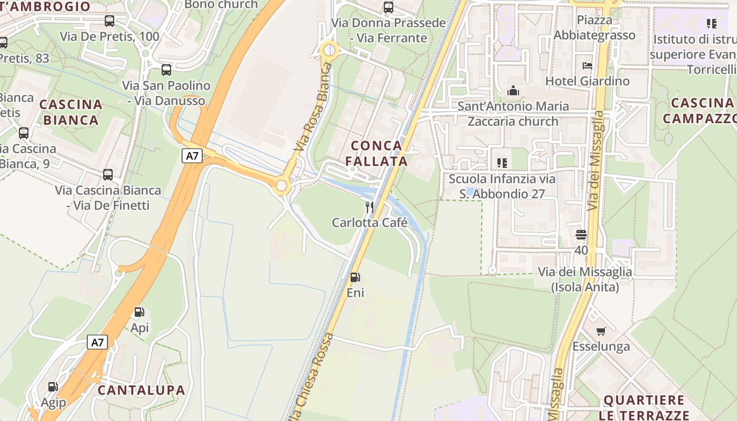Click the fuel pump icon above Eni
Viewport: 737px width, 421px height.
[x=355, y=277]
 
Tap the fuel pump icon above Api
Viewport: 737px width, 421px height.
[x=140, y=312]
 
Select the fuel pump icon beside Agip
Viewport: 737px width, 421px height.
[x=53, y=387]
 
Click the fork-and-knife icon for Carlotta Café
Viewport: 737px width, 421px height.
[x=370, y=207]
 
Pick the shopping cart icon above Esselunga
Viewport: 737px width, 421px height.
[x=601, y=331]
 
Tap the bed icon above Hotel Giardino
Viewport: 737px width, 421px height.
[x=587, y=66]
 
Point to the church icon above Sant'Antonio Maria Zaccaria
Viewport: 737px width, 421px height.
[x=513, y=91]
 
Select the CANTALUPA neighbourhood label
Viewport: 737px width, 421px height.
[x=141, y=390]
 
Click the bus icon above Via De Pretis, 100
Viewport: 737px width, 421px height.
[x=109, y=21]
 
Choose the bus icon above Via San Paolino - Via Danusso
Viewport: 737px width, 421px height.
[x=166, y=69]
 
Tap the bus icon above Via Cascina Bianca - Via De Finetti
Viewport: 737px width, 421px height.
[x=108, y=174]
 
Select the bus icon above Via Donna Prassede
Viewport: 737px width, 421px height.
[x=389, y=7]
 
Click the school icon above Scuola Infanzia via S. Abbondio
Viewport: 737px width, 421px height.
[x=502, y=163]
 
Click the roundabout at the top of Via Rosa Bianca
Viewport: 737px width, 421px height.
[x=329, y=51]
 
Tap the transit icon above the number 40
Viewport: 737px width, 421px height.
[x=581, y=234]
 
